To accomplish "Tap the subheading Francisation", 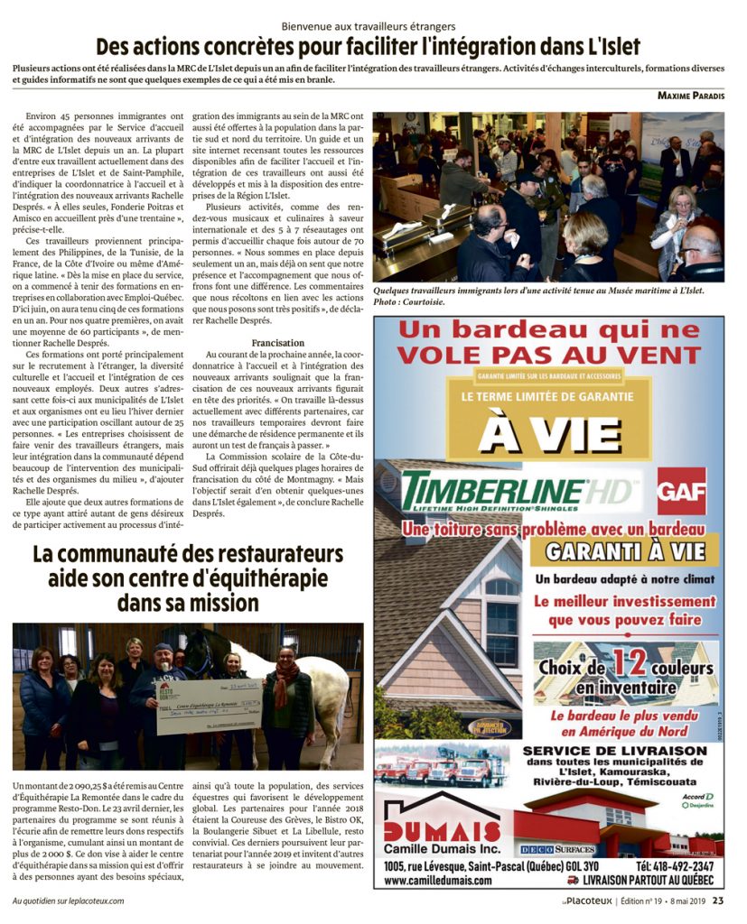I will click(x=277, y=343).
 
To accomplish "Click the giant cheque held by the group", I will click(x=208, y=704).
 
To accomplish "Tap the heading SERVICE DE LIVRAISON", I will click(x=613, y=750).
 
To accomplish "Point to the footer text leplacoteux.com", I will click(x=89, y=900).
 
